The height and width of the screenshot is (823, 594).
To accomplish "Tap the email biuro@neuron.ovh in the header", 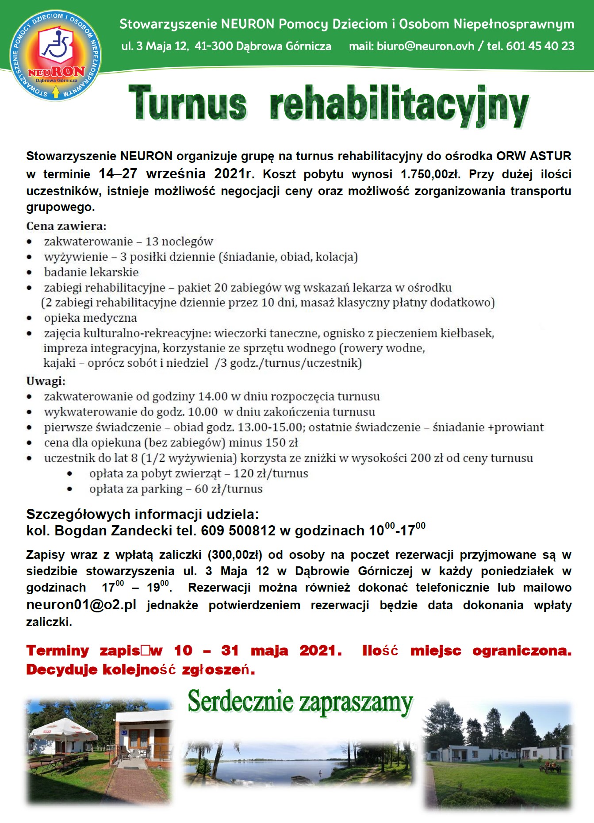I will (425, 46).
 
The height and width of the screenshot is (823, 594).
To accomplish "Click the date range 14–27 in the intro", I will (118, 174).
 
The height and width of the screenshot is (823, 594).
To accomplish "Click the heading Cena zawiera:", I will (66, 226).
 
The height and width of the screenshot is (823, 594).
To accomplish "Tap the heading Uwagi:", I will (46, 381).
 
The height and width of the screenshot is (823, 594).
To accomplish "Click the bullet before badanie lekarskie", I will (29, 273).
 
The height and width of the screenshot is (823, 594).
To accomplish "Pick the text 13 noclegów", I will (179, 242).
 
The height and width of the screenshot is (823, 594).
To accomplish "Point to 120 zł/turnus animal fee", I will (271, 473).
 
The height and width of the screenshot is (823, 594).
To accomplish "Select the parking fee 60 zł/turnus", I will (229, 489).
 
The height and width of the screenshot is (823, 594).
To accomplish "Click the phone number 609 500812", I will (238, 531).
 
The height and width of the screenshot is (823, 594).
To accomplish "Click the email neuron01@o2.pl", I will (81, 605).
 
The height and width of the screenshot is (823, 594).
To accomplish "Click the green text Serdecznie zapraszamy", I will (300, 703).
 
